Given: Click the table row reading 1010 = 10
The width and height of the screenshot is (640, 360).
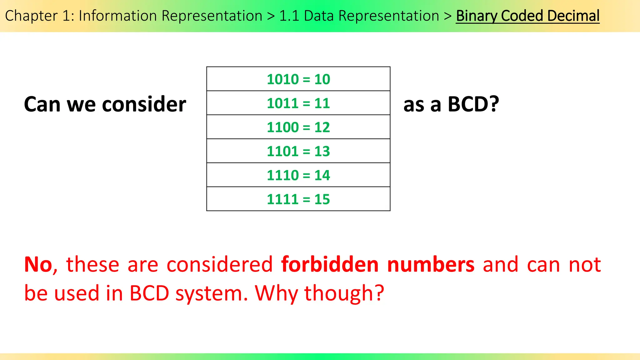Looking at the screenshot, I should pos(298,79).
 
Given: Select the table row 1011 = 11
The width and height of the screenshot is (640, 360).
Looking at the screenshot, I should pos(298,103).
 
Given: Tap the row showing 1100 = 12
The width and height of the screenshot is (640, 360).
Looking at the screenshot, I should pos(298,127).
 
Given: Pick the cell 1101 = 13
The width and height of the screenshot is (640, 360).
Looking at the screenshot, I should pos(298,151).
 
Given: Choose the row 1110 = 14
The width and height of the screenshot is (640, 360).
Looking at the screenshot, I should pos(298,175).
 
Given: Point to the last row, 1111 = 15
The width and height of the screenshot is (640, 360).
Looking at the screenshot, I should pos(298,199).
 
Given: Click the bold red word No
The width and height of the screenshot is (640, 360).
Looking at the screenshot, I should pos(38,265).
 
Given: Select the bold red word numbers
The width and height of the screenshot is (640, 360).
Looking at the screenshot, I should pos(431,265).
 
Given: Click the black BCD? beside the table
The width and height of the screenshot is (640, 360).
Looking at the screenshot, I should pos(473,104).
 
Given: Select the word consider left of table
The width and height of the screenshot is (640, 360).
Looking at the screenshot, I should pos(144,104).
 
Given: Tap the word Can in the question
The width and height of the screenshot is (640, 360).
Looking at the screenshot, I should pos(42,104).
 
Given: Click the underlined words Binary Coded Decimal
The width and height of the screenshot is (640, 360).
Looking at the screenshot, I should pos(527,16).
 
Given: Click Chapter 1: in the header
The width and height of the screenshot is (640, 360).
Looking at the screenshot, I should pos(40,16).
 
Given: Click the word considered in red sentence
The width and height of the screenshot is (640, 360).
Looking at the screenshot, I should pos(220,265).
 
